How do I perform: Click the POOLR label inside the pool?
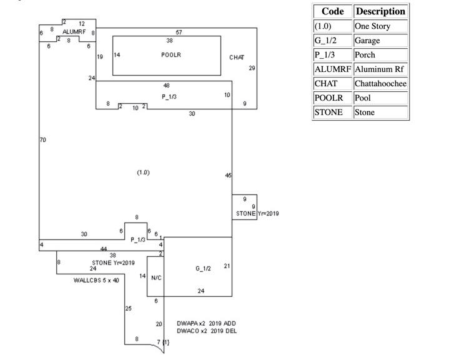(x=170, y=55)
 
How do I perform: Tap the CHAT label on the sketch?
(x=237, y=57)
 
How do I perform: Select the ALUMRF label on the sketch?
(x=73, y=31)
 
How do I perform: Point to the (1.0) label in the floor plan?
(x=143, y=172)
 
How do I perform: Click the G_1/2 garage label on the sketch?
(x=203, y=269)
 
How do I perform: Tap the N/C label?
(x=156, y=277)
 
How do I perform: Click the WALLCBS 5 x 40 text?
(x=96, y=280)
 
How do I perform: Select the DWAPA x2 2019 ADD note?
(x=206, y=323)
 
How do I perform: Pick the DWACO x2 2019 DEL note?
(x=206, y=331)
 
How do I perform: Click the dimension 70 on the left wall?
(x=42, y=140)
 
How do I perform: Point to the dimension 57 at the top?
(x=179, y=32)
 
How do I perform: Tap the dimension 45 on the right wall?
(x=228, y=176)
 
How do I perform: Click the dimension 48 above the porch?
(x=166, y=86)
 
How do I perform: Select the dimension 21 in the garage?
(x=227, y=266)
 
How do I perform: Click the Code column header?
(x=333, y=12)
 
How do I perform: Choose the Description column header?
(x=381, y=12)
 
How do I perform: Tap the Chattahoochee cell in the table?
(x=380, y=84)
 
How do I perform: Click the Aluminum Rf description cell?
(x=380, y=69)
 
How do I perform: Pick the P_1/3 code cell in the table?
(x=333, y=55)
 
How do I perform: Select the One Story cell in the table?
(x=380, y=27)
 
